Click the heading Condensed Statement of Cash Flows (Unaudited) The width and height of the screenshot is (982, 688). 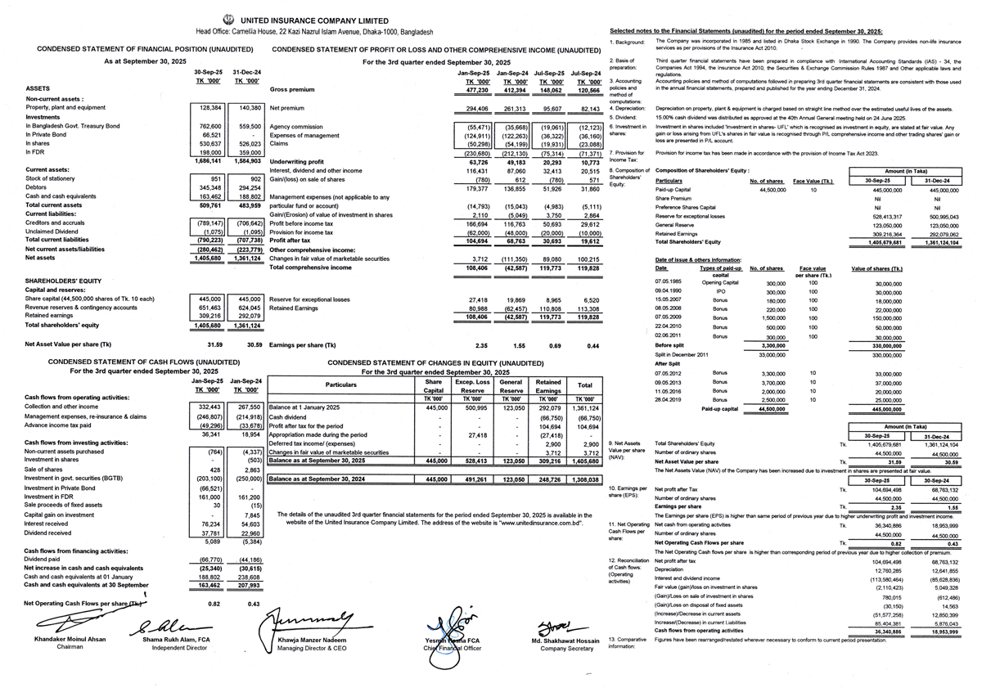coord(143,361)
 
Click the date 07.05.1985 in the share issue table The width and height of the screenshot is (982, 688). coord(667,283)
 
